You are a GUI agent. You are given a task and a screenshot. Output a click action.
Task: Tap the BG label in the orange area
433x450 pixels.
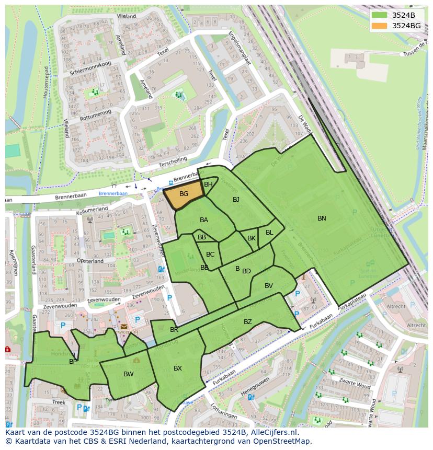click(x=184, y=194)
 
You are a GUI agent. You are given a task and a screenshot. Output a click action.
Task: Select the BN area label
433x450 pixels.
click(x=322, y=218)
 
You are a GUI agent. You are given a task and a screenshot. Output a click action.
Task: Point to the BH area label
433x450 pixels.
click(x=208, y=184)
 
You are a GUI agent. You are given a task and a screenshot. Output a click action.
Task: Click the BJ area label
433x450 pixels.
click(x=236, y=200)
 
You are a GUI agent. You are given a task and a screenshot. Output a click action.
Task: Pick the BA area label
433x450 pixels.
click(x=204, y=220)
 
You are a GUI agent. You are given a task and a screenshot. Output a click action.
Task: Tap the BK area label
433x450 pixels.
click(x=252, y=238)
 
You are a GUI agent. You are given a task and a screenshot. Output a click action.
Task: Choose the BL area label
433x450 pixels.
click(x=269, y=233)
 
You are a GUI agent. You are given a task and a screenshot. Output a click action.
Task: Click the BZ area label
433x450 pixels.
click(x=248, y=322)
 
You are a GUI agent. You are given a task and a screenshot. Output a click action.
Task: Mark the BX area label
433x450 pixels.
click(x=178, y=368)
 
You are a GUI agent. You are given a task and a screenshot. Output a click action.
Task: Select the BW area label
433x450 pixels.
click(x=129, y=374)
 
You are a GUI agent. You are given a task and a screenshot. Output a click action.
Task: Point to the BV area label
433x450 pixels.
click(x=269, y=286)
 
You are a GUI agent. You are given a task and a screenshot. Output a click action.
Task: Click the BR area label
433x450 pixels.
click(x=174, y=330)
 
